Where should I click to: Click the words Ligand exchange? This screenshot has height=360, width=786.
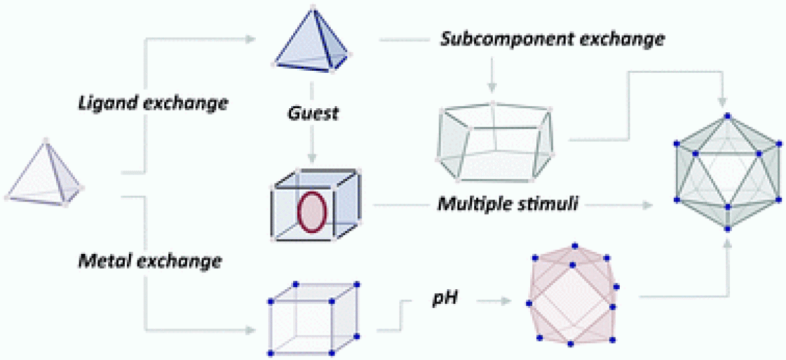click(152, 103)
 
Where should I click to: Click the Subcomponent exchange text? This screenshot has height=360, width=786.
click(552, 39)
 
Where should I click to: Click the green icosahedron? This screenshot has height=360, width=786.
click(727, 172)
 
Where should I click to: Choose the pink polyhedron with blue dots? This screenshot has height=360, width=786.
click(572, 295)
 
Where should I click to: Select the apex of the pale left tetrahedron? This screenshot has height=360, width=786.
click(45, 140)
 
